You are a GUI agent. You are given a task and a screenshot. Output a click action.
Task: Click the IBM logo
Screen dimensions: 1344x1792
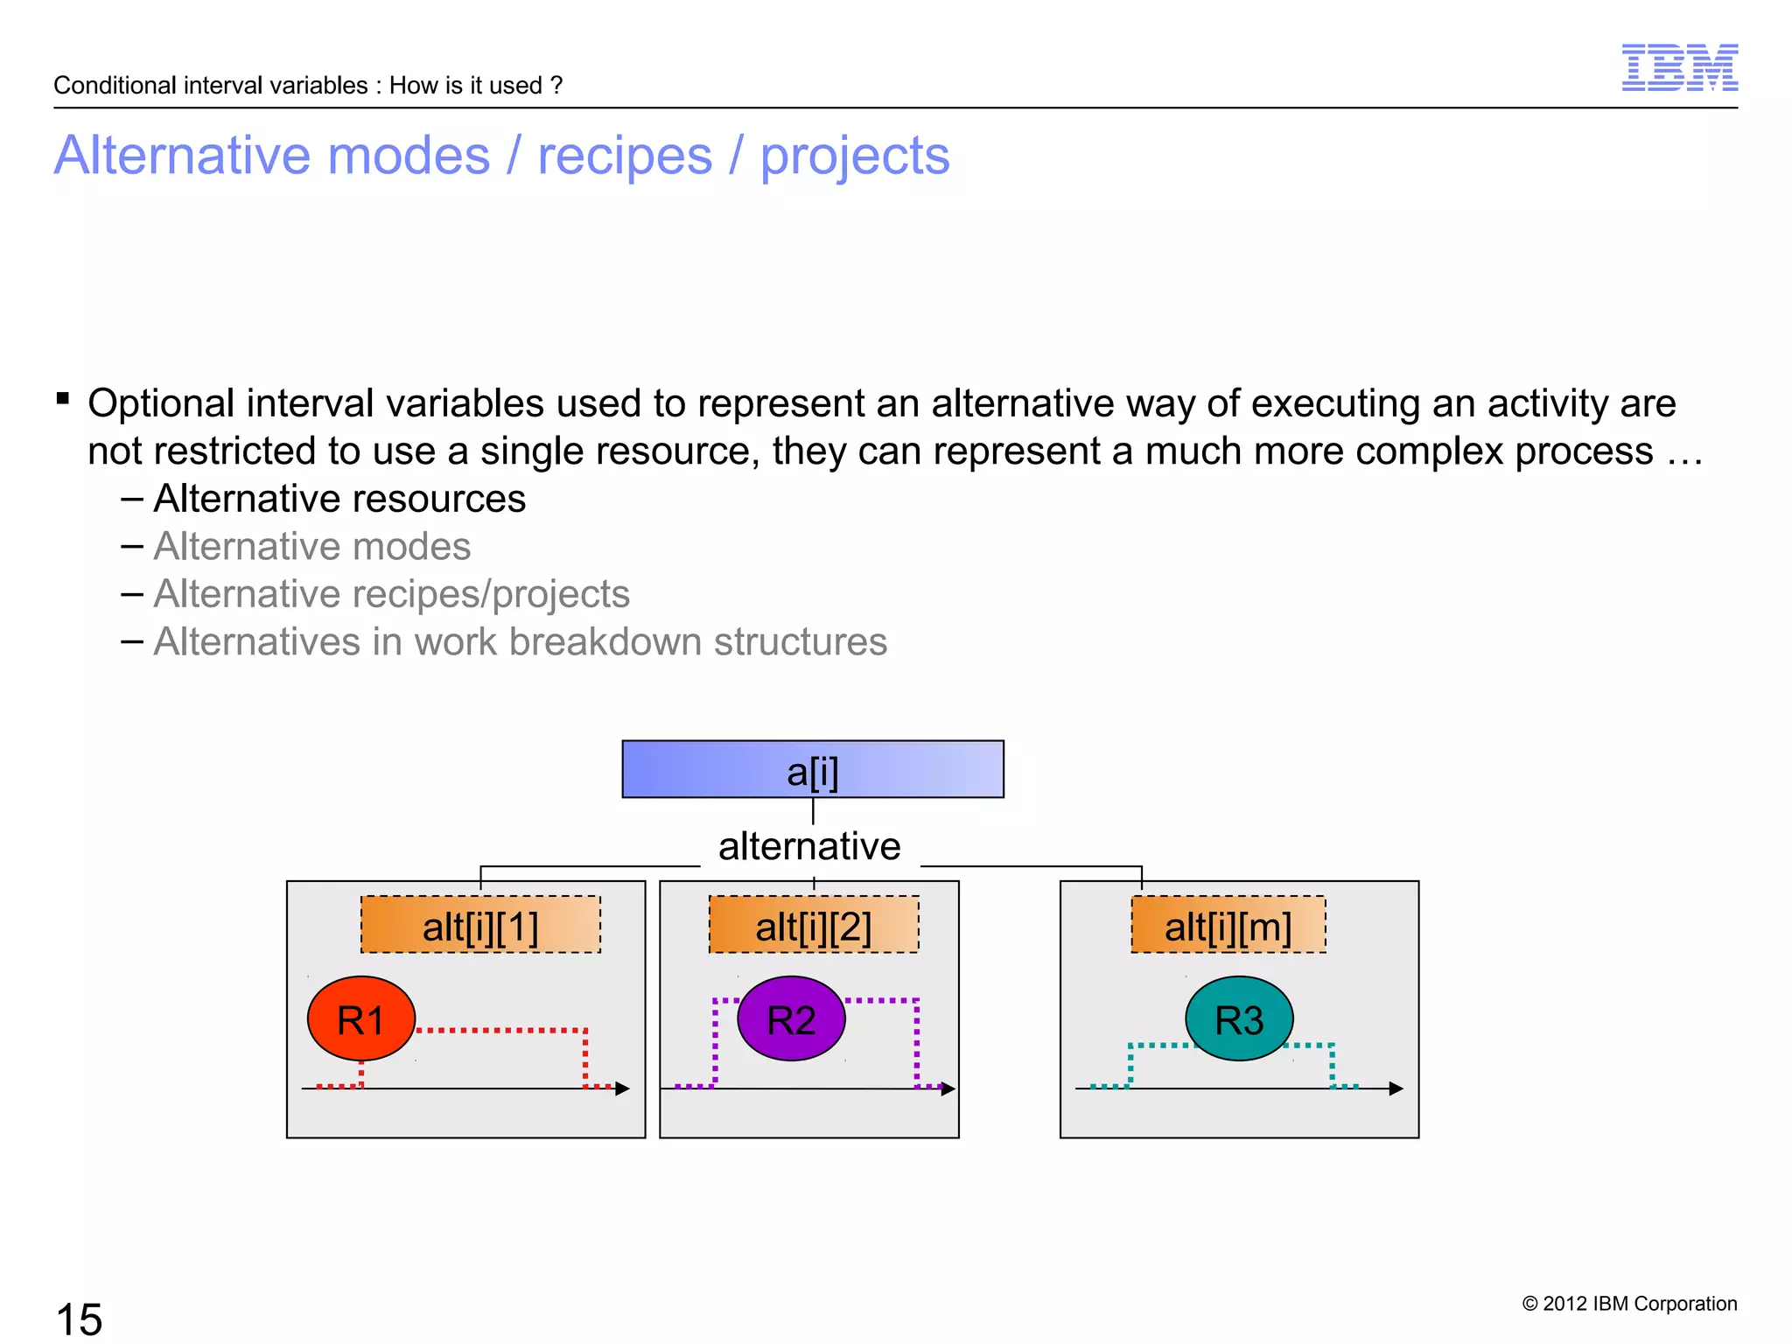(1679, 67)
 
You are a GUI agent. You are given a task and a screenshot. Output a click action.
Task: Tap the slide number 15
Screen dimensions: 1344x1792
(79, 1318)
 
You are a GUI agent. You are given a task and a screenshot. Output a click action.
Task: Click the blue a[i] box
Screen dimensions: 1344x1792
(812, 769)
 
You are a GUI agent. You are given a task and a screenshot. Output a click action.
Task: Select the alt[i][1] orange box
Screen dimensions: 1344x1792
(480, 925)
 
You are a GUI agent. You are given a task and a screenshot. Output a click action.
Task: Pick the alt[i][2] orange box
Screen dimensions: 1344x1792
(813, 925)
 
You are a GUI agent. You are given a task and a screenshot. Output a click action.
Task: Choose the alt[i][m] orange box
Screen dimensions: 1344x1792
(1228, 925)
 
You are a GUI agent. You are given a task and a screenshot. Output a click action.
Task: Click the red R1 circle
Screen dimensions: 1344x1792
(360, 1018)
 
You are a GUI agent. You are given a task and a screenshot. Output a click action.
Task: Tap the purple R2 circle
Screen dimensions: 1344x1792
(791, 1018)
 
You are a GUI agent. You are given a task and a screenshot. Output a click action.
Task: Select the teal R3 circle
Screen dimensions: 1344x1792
(1239, 1018)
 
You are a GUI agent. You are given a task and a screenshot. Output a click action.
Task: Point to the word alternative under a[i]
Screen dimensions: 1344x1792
(809, 846)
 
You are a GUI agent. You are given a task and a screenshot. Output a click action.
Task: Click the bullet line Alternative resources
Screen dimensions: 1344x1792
(339, 499)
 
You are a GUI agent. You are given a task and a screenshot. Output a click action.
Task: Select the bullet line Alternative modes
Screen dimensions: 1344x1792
(311, 547)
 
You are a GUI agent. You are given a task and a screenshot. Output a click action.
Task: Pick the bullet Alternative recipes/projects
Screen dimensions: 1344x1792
(391, 594)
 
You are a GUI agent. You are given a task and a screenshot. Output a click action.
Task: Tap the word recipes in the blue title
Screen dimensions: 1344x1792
(625, 156)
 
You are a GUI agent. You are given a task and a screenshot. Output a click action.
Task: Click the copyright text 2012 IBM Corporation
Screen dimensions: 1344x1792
(1629, 1304)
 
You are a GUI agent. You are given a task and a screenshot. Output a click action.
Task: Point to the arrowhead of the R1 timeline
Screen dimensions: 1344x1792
(622, 1088)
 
